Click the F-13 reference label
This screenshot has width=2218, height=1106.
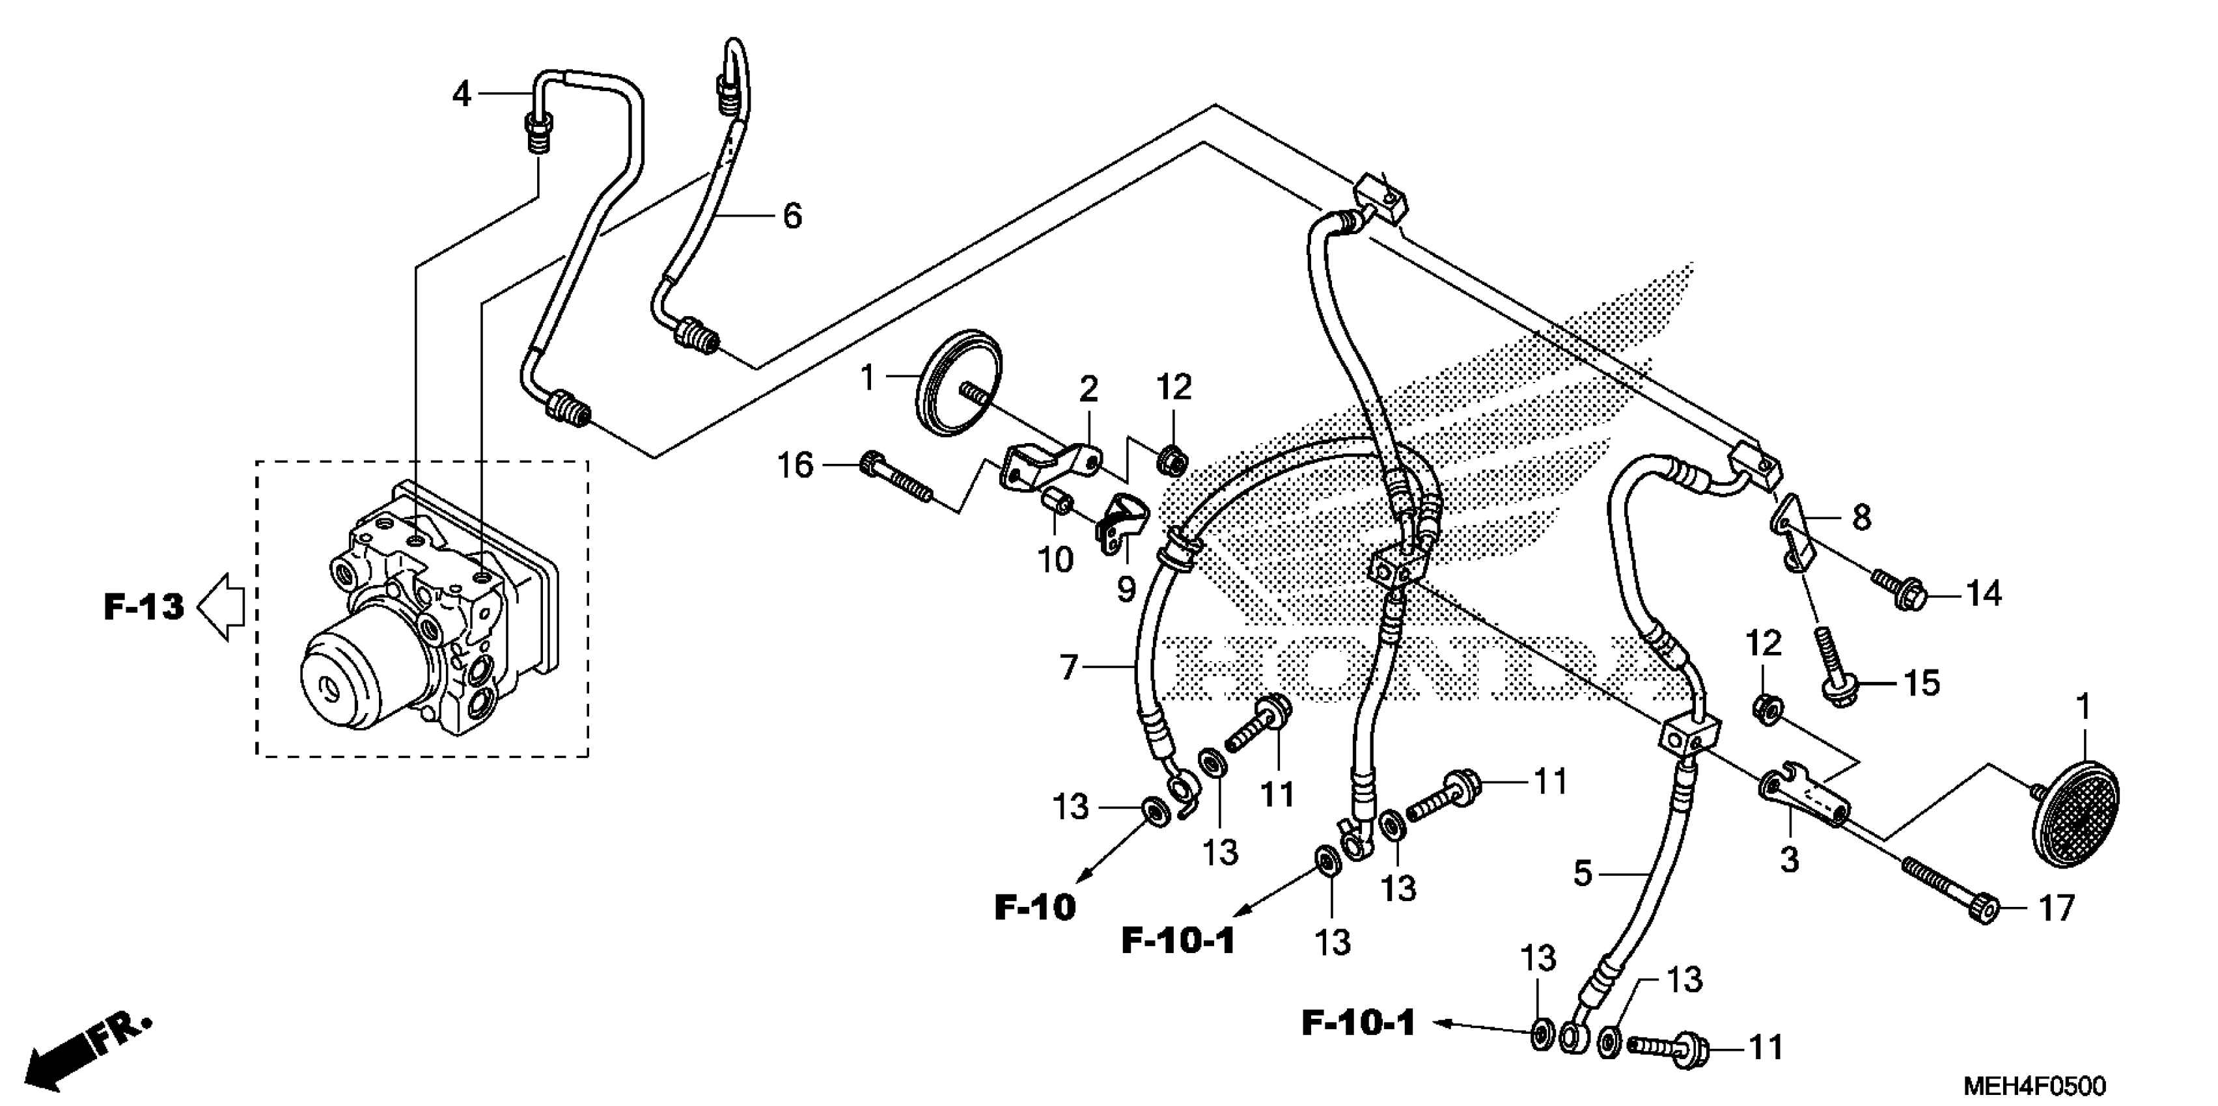click(x=144, y=607)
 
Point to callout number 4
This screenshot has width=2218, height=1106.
click(x=462, y=94)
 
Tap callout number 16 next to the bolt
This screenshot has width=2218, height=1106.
click(x=795, y=466)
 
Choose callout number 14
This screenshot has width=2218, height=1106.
click(x=1984, y=594)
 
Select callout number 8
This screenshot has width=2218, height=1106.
click(x=1861, y=518)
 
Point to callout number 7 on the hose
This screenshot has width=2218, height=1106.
click(x=1070, y=666)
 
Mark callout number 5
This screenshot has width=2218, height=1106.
click(x=1583, y=874)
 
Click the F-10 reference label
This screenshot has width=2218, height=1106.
click(x=1035, y=907)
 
